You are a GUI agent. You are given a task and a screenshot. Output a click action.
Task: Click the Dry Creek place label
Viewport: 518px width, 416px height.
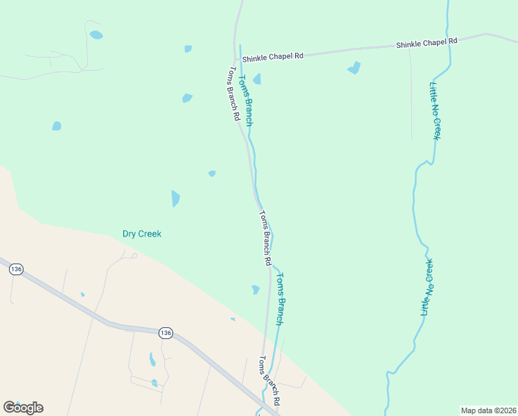click(142, 234)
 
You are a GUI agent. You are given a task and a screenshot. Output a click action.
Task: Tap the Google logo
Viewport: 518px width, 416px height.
click(23, 408)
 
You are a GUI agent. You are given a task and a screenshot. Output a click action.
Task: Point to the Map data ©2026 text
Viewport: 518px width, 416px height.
click(488, 410)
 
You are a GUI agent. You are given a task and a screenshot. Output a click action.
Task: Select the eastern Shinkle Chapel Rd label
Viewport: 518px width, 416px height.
click(427, 43)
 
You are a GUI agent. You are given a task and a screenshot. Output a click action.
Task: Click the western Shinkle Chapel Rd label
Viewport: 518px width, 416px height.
click(272, 56)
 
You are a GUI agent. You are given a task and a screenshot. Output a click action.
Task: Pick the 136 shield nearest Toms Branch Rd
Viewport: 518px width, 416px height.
click(165, 333)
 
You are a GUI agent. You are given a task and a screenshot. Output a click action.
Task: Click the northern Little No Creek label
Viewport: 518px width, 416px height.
click(435, 111)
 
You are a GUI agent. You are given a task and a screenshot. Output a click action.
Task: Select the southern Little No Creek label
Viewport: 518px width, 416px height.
click(427, 287)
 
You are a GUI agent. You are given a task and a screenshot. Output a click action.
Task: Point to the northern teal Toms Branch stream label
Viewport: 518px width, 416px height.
click(246, 101)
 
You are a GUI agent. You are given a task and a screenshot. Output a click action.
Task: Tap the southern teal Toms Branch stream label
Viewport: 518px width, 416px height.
click(279, 299)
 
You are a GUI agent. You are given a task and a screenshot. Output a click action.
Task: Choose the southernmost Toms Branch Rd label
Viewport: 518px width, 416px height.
click(269, 381)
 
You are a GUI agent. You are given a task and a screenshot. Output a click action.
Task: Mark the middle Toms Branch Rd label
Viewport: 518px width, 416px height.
click(264, 239)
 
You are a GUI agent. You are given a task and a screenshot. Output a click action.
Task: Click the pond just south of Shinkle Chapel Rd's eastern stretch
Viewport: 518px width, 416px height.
click(354, 68)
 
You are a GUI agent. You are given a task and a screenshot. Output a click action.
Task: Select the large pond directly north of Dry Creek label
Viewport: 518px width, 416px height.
click(175, 199)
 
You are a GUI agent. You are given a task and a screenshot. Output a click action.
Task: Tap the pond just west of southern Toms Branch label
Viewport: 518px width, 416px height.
click(256, 289)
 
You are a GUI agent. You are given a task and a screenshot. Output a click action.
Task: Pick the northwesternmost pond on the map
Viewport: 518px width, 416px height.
click(96, 35)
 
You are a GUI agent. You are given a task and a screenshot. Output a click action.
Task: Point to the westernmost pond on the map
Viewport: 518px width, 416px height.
click(57, 126)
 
